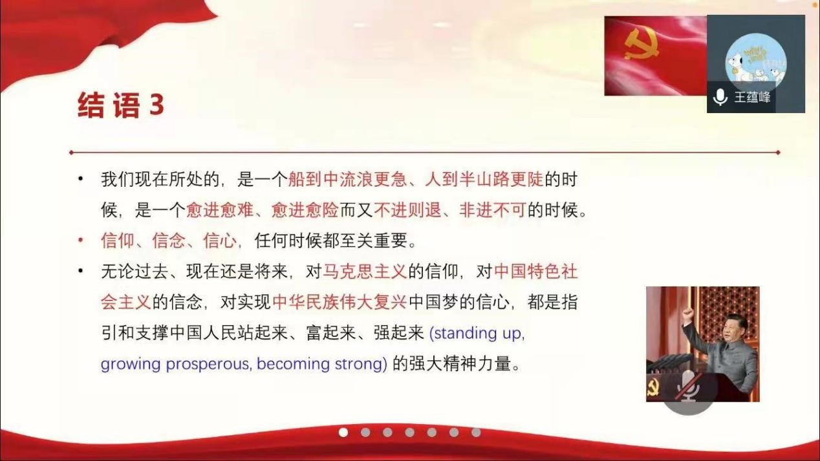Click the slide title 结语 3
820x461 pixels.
click(121, 105)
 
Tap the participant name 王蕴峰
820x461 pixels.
click(752, 98)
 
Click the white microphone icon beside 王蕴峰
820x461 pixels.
click(720, 98)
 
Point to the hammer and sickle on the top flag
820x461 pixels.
click(642, 45)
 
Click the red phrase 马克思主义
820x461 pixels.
click(365, 272)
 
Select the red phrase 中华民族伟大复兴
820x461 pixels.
click(340, 302)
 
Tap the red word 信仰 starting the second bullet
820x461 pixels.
click(118, 241)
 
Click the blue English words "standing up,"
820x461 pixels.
click(477, 334)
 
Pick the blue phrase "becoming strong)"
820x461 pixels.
click(322, 365)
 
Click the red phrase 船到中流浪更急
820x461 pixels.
click(347, 179)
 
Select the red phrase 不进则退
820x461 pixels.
click(407, 210)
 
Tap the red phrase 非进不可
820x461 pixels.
click(492, 210)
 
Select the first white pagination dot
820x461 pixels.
click(343, 433)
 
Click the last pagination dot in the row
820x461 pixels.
click(476, 433)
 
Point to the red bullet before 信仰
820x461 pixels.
click(81, 241)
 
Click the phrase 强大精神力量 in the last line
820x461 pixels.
click(460, 363)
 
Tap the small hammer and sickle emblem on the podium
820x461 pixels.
click(653, 388)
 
